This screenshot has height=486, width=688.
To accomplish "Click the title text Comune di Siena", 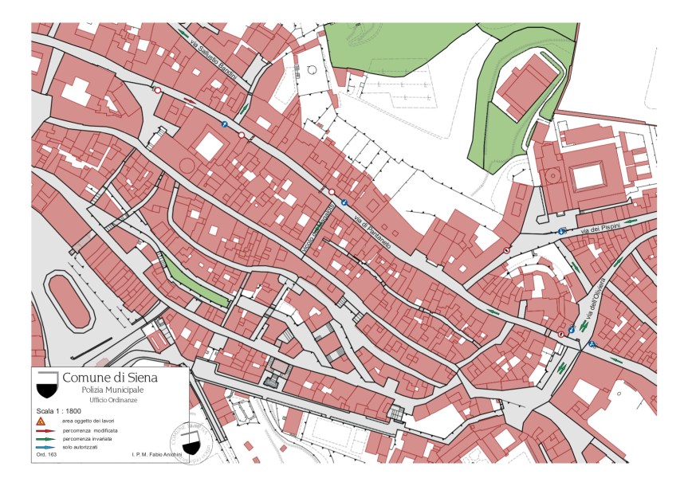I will (110, 377).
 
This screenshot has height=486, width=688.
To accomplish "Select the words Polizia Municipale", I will (112, 390).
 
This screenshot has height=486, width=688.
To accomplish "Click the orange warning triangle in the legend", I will (40, 420).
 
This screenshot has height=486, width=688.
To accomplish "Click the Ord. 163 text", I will (46, 455).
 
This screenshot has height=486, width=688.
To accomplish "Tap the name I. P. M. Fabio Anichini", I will (156, 455).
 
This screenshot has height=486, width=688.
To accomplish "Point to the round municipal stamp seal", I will (191, 442).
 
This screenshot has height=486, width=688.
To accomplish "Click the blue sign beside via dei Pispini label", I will (563, 231).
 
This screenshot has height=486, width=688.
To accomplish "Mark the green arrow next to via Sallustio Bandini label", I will (184, 34).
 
